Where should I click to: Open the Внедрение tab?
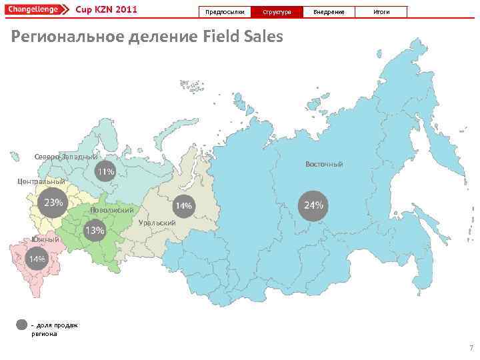point(329,12)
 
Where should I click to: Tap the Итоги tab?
point(381,12)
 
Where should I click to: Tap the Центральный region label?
point(41,181)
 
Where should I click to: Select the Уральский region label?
point(157,222)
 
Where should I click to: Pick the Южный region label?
point(45,240)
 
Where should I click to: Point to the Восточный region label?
point(324,164)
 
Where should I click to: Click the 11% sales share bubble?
point(106,172)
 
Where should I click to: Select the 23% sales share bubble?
point(53,203)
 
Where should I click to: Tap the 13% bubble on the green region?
point(95,231)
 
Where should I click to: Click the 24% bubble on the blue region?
point(313,205)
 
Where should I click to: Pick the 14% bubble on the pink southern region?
point(36,259)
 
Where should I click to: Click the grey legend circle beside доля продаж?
point(23,325)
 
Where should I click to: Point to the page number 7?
point(471,348)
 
